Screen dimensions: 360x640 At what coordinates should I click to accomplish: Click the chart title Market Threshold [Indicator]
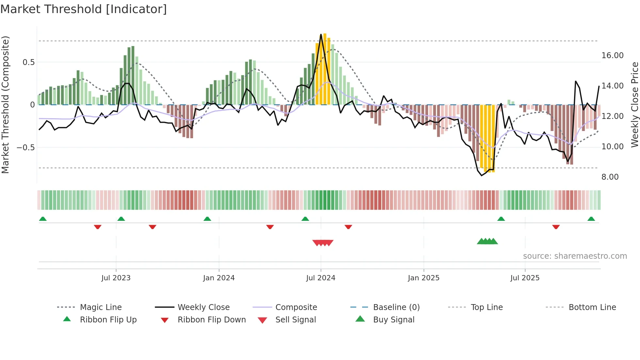[84, 9]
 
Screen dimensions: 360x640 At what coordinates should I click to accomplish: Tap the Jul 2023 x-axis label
[116, 278]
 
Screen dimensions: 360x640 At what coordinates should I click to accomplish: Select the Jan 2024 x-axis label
[218, 278]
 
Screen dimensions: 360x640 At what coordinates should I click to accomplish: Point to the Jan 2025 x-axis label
[423, 278]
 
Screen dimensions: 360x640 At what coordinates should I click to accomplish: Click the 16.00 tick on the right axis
[612, 56]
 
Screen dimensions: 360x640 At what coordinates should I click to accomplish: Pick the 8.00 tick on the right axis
[610, 177]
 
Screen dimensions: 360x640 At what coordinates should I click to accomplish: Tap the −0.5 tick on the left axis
[25, 148]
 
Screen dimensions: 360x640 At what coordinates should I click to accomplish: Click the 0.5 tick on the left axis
[28, 62]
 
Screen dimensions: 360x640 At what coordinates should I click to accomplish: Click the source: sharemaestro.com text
[575, 256]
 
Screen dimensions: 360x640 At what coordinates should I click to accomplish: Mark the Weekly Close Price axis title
[634, 105]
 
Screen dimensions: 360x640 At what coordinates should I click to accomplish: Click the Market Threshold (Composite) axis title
[5, 105]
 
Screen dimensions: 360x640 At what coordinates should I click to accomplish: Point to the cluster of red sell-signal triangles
[323, 243]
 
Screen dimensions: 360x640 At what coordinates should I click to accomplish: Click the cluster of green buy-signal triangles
[487, 241]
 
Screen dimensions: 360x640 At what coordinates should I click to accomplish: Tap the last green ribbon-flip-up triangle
[591, 219]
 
